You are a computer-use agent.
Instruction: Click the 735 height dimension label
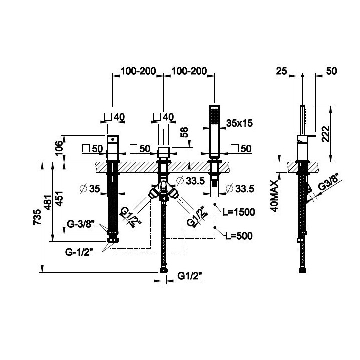[38, 217]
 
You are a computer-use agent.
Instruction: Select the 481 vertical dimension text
[48, 202]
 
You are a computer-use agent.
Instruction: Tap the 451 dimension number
[59, 199]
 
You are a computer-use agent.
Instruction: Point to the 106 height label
[59, 148]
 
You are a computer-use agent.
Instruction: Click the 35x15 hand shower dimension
[239, 123]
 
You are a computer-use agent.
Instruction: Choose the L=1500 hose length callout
[239, 212]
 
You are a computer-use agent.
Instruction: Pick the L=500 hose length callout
[239, 236]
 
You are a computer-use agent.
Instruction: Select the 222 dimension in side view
[326, 134]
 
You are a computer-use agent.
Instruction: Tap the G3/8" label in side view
[329, 183]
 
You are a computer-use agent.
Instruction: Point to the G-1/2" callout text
[79, 252]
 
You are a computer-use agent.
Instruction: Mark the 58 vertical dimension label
[184, 132]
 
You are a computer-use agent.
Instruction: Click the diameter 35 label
[90, 189]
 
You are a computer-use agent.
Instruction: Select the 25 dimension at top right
[281, 71]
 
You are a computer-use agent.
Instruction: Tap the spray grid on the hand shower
[214, 116]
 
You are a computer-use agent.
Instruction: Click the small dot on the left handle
[112, 139]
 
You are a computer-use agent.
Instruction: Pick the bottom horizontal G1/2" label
[190, 276]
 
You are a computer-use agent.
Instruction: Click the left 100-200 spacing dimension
[138, 71]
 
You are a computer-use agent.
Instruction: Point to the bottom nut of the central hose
[163, 270]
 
